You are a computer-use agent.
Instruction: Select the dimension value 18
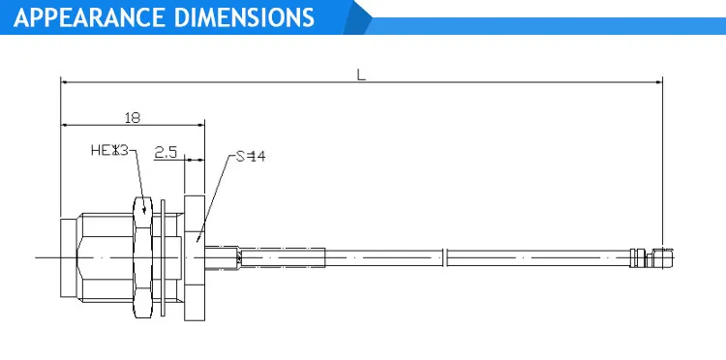pyautogui.click(x=134, y=117)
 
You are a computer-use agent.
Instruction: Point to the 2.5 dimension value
pyautogui.click(x=166, y=152)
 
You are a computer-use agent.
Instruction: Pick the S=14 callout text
pyautogui.click(x=250, y=157)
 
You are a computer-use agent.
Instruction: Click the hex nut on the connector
pyautogui.click(x=143, y=256)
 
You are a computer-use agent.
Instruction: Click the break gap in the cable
pyautogui.click(x=446, y=256)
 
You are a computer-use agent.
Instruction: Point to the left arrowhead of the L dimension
pyautogui.click(x=65, y=82)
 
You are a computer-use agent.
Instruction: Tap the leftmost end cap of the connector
pyautogui.click(x=66, y=256)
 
